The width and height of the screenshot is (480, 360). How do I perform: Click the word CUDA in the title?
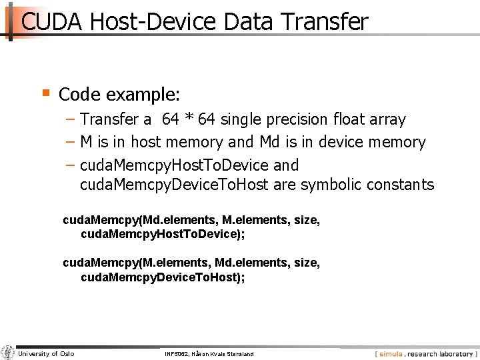[51, 22]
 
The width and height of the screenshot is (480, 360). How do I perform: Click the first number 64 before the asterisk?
[171, 120]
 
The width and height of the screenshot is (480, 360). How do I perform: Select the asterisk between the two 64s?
[189, 119]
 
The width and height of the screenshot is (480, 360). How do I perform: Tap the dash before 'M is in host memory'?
[70, 142]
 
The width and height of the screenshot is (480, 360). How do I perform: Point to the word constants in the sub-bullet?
[401, 185]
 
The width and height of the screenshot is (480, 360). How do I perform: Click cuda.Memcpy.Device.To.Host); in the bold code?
[163, 277]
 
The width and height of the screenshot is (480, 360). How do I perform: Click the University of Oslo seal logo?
[8, 353]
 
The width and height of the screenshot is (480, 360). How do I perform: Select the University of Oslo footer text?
[46, 353]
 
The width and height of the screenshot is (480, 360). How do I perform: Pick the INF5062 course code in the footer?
[177, 354]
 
